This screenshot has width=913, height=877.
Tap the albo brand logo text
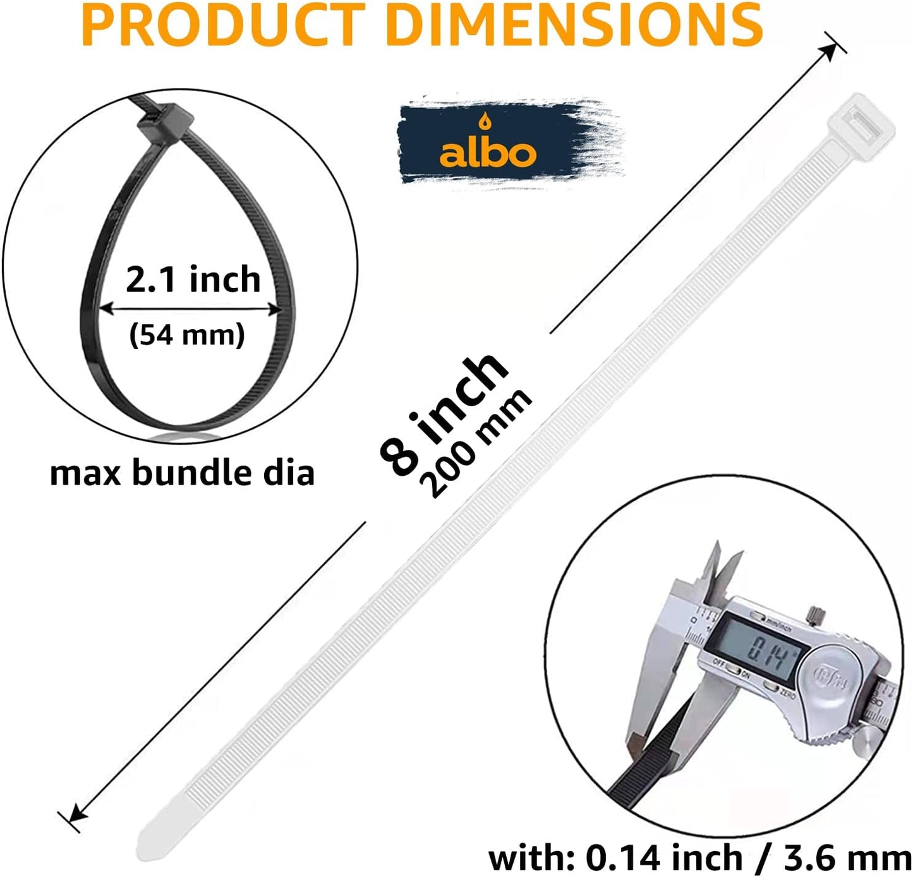(488, 153)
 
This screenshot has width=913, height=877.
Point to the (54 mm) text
(187, 334)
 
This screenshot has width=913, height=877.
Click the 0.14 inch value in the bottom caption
(664, 857)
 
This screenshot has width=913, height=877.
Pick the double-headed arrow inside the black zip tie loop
(190, 308)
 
